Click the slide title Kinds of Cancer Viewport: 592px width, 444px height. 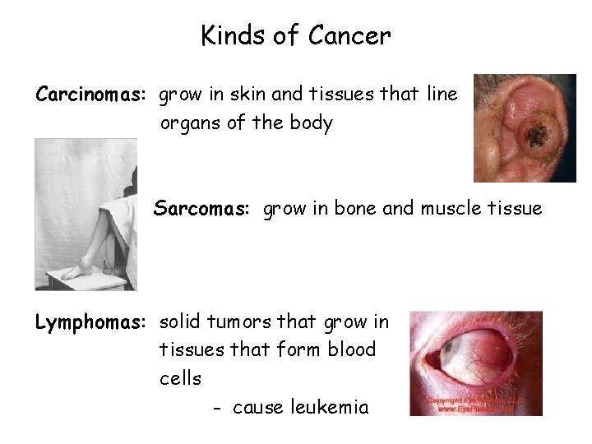(296, 36)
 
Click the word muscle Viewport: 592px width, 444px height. (455, 209)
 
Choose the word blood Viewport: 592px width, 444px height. (351, 349)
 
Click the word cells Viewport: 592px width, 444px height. (180, 378)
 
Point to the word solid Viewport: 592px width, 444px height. (180, 321)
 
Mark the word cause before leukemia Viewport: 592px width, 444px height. (257, 408)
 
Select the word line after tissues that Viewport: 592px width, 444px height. (442, 95)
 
